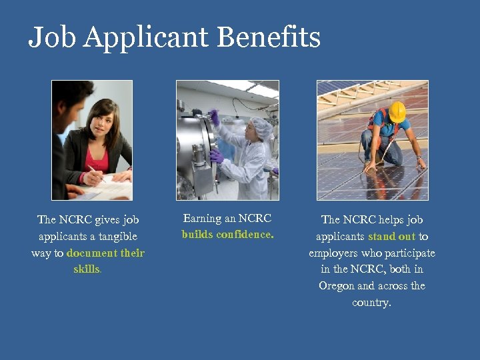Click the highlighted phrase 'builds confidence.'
pyautogui.click(x=227, y=235)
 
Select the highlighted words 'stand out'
pyautogui.click(x=391, y=237)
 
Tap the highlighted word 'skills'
pyautogui.click(x=87, y=269)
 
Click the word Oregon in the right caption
pyautogui.click(x=337, y=286)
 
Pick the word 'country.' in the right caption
pyautogui.click(x=371, y=303)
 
